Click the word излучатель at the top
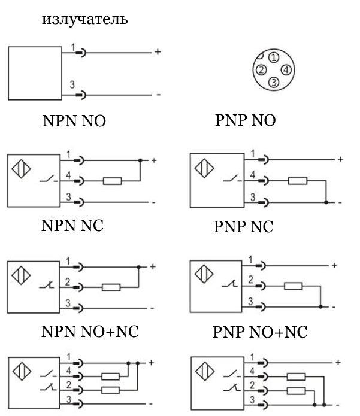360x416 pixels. click(84, 19)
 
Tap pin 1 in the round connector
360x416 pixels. click(274, 57)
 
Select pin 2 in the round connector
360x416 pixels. click(261, 70)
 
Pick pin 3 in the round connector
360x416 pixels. click(274, 82)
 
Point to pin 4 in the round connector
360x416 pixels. click(286, 70)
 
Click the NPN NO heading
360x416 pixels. click(74, 121)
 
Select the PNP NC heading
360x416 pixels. click(243, 227)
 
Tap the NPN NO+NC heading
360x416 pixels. click(90, 332)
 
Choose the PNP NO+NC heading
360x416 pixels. click(260, 332)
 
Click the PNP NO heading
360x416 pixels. click(246, 120)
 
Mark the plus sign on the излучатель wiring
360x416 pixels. click(158, 51)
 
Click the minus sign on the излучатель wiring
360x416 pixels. click(159, 95)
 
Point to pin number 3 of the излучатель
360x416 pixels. click(72, 84)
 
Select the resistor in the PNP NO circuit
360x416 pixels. click(298, 181)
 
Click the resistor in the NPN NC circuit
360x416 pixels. click(111, 287)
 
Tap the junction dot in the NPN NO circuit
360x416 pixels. click(140, 160)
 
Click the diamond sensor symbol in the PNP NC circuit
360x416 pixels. click(204, 274)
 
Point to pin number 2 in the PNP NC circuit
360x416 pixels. click(250, 280)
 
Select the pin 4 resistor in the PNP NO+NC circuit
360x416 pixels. click(296, 376)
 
